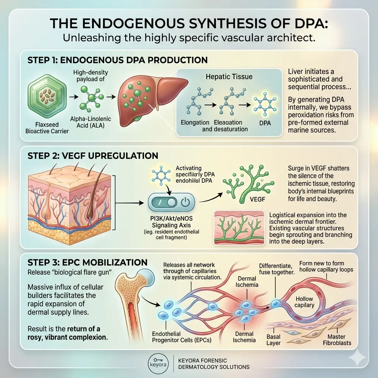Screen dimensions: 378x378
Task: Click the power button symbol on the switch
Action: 185,203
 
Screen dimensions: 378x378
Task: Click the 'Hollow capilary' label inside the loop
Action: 304,302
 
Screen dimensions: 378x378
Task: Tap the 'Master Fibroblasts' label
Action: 340,340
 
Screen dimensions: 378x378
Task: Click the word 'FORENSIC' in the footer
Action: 219,360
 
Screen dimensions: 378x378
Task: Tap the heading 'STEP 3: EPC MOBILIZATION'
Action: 87,263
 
